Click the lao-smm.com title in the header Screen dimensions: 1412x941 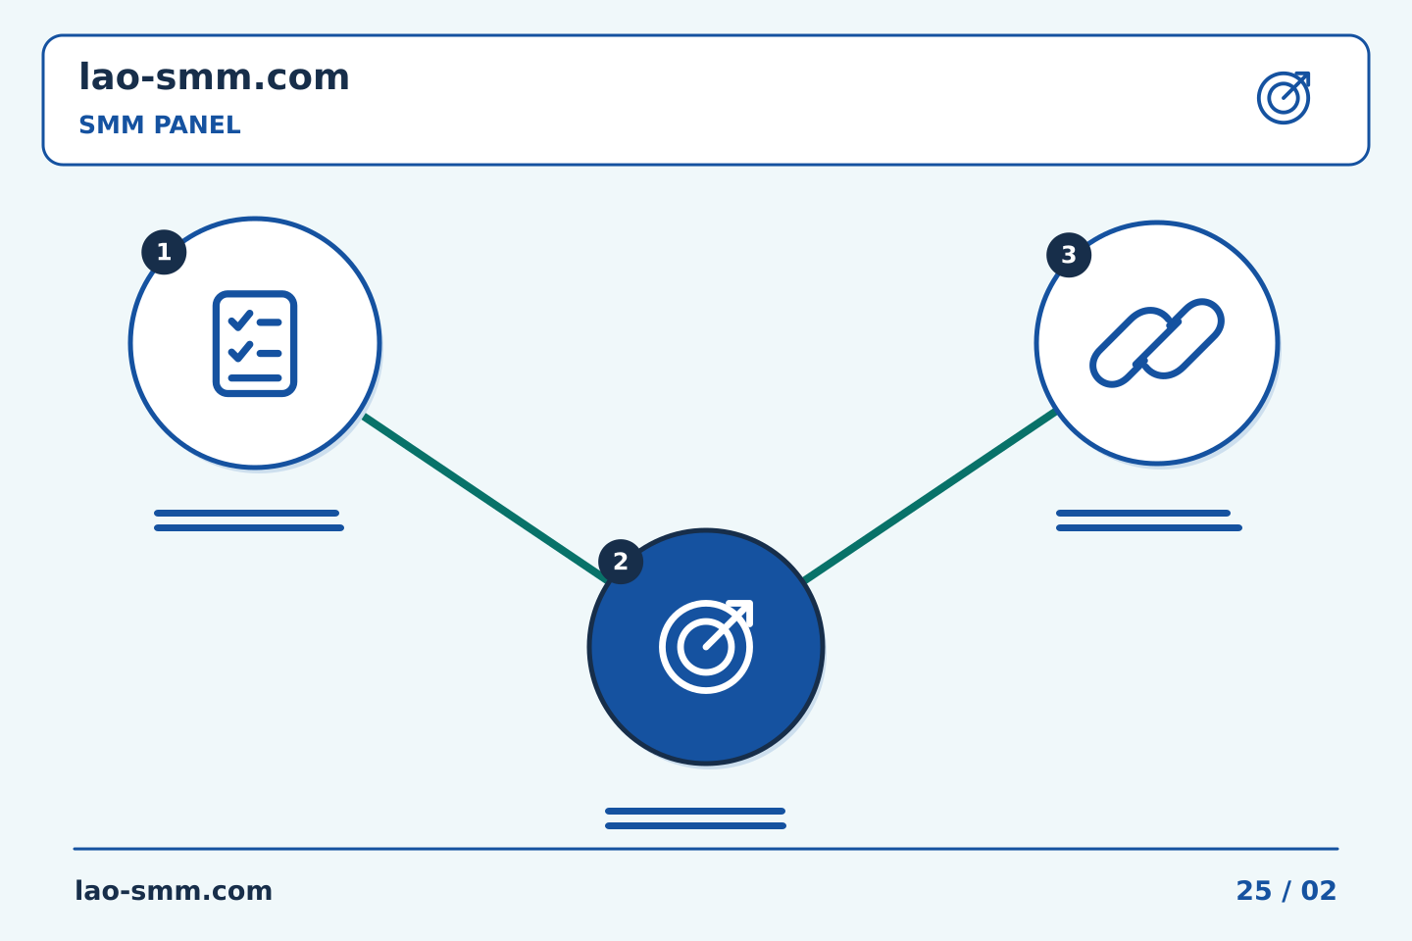[214, 77]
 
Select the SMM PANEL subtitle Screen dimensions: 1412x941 [160, 124]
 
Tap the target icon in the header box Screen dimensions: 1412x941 [1284, 98]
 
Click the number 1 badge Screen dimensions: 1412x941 [164, 252]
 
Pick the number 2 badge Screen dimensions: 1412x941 [621, 562]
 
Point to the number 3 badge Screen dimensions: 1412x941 [1069, 255]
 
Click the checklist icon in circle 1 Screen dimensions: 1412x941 [255, 343]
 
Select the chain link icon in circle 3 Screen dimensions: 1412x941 [1157, 343]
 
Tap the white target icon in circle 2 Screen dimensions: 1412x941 [706, 647]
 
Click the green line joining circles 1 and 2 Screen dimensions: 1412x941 [484, 498]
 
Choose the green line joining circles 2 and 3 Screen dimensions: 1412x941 [930, 496]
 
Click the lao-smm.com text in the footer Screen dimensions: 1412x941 [174, 891]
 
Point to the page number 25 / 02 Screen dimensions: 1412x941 [1286, 891]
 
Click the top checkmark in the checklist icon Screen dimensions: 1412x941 [240, 321]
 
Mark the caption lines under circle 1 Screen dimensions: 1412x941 [249, 520]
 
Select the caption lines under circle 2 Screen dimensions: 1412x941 [695, 818]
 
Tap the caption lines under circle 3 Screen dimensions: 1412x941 [1149, 520]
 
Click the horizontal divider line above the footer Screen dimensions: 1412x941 [706, 849]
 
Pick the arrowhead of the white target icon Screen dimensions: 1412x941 [740, 613]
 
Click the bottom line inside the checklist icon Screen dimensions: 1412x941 [255, 378]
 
